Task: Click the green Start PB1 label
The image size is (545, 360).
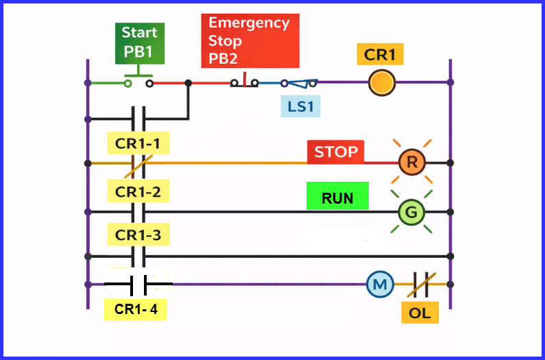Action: (139, 42)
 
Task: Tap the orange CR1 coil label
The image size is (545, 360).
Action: (380, 55)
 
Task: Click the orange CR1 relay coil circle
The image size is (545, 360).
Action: (382, 83)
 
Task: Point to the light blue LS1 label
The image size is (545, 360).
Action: (300, 106)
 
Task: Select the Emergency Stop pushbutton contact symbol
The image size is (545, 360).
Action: (244, 82)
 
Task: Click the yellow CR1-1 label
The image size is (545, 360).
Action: (138, 144)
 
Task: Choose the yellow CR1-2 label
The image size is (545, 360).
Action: (138, 192)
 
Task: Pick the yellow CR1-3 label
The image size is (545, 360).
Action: (138, 235)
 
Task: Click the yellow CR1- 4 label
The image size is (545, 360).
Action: (136, 309)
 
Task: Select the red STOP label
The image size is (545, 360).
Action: (336, 152)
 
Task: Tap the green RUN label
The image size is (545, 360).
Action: (337, 198)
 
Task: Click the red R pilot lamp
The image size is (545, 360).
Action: (412, 163)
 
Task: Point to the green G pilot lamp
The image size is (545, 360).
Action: (411, 213)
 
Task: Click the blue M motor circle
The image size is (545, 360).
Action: (378, 284)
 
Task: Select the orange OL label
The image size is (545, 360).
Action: (420, 313)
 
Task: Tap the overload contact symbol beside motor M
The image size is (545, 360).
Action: (420, 284)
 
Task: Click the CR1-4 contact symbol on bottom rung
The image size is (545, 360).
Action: (138, 283)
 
